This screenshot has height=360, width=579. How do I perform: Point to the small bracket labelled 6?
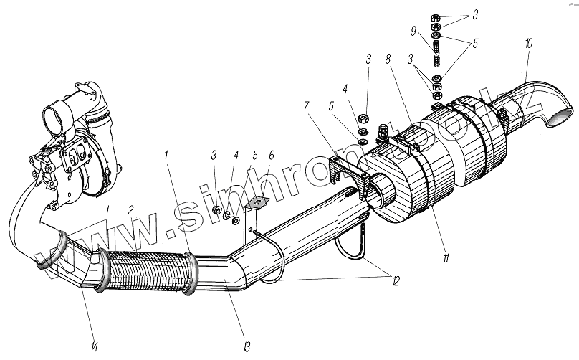(252, 213)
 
